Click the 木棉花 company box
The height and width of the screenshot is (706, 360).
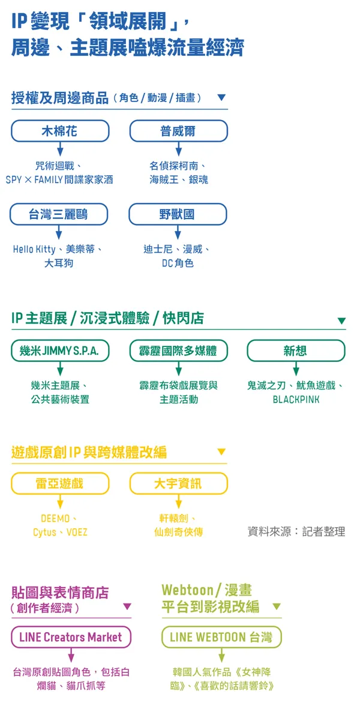[59, 131]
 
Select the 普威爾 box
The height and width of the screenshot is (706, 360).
[178, 131]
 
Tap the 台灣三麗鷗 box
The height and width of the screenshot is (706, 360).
[59, 214]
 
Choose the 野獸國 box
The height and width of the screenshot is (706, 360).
[178, 214]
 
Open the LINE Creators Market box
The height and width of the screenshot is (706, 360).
[71, 638]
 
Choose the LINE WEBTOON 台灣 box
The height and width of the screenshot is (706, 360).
[221, 638]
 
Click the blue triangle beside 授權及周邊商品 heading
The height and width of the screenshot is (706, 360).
[221, 97]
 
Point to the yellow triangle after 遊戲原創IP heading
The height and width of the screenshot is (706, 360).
[221, 451]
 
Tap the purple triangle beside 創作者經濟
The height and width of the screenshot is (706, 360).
[127, 607]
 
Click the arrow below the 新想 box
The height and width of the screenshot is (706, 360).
[296, 369]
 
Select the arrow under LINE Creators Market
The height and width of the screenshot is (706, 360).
[71, 656]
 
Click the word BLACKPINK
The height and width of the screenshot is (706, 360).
[296, 399]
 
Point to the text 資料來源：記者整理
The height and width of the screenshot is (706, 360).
[296, 531]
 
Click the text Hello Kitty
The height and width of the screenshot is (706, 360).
[35, 249]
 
